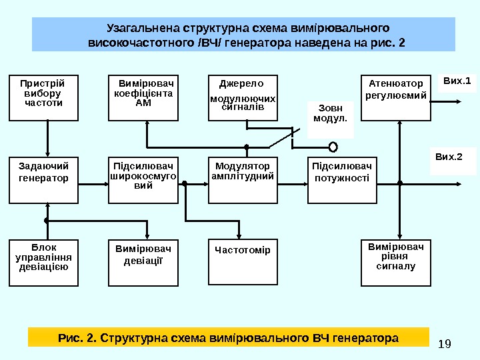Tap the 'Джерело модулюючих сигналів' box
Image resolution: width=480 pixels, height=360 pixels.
pyautogui.click(x=243, y=98)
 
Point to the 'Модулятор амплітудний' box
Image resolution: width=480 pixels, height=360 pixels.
pyautogui.click(x=243, y=180)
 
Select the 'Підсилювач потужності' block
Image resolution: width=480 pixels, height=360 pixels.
pyautogui.click(x=341, y=180)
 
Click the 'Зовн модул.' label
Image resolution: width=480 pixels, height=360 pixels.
pyautogui.click(x=331, y=118)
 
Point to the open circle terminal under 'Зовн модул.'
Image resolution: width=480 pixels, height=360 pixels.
pyautogui.click(x=333, y=147)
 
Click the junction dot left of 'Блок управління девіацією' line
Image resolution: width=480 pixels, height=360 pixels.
pyautogui.click(x=47, y=219)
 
